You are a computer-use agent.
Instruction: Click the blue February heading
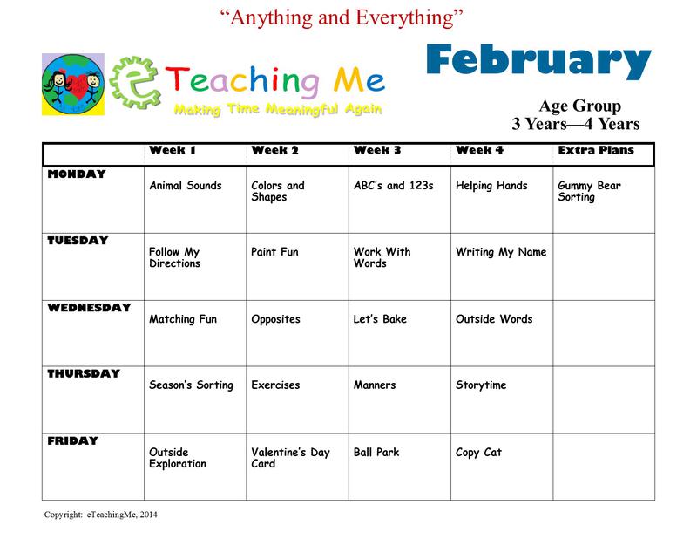538,61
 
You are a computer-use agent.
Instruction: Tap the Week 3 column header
377,150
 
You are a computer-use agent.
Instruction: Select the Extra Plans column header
596,150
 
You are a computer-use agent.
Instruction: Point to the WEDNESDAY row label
90,308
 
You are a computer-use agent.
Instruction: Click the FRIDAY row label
73,440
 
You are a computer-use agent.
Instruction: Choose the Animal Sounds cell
186,186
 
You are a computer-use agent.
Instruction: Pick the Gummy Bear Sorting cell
590,191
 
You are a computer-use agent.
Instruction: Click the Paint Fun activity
274,252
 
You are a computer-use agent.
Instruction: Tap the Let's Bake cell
380,319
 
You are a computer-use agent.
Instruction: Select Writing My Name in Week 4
501,252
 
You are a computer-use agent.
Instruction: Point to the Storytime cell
481,385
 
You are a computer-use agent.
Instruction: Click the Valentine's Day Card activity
291,458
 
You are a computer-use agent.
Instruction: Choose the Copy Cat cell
478,453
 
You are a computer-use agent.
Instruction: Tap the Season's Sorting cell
191,385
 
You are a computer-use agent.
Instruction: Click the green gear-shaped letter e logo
135,83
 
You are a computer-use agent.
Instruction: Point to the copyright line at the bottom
100,515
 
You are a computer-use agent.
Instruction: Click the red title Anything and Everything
342,17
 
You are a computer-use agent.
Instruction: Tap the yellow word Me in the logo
359,80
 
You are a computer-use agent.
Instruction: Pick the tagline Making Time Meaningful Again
278,109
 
